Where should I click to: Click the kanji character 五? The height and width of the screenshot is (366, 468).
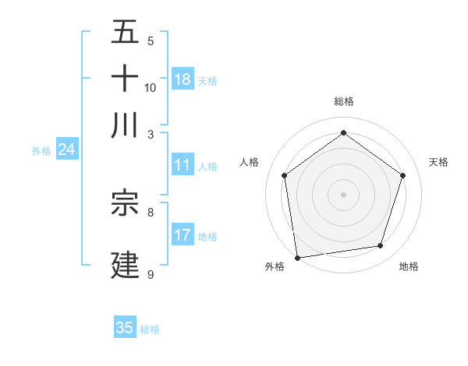coord(125,33)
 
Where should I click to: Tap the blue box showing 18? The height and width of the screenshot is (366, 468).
coord(183,79)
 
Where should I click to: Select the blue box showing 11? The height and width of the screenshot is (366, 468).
coord(183,165)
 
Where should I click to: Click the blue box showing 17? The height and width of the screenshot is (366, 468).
coord(183,235)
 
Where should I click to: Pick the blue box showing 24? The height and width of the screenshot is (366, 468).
coord(66,150)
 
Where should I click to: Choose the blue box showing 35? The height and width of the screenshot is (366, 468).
coord(125,328)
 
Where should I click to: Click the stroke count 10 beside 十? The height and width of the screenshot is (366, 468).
coord(151,87)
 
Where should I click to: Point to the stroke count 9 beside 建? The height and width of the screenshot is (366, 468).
coord(151,274)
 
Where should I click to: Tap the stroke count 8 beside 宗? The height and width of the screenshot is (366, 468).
coord(151,211)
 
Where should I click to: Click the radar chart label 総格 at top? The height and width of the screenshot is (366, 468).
coord(343,101)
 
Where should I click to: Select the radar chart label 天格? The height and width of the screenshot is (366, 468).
coord(438,162)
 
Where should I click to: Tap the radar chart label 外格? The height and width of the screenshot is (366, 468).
coord(275,267)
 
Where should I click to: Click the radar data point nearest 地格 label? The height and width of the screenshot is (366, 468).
coord(381,246)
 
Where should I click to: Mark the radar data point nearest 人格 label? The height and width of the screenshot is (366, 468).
coord(284,175)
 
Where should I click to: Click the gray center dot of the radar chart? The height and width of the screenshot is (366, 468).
coord(343,194)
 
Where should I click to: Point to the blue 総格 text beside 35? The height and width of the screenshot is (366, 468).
coord(150,329)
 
